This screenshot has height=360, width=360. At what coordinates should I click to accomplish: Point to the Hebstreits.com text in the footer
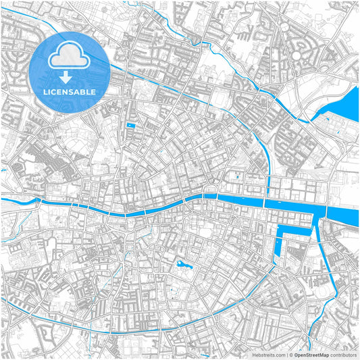268,354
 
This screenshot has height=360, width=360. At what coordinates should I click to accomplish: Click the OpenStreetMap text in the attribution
311,354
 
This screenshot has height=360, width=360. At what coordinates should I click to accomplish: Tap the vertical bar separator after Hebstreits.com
286,354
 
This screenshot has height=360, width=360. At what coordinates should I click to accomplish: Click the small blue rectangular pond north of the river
131,126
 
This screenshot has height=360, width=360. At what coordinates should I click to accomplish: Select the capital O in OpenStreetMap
294,354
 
